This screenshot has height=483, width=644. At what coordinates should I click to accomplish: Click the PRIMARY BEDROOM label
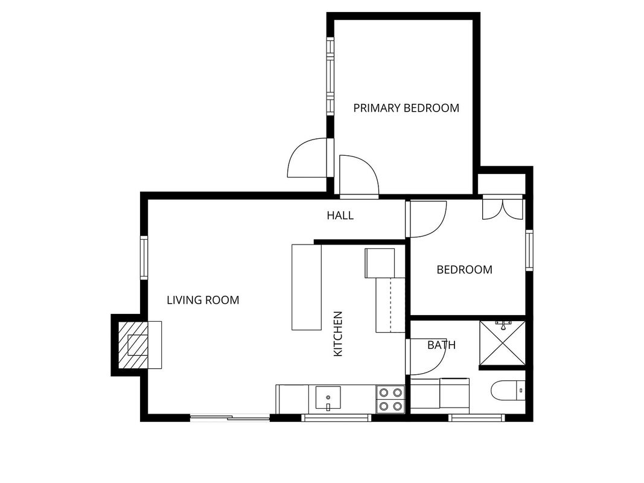(406, 108)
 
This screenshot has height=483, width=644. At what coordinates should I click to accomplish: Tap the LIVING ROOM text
(203, 300)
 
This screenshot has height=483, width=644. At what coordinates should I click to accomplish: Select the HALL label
(340, 215)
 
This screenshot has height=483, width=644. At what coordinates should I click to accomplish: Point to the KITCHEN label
(337, 334)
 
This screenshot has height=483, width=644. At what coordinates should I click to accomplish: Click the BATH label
(442, 345)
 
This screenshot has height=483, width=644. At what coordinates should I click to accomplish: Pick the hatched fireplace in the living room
(133, 345)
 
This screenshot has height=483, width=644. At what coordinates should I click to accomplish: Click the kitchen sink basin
(328, 398)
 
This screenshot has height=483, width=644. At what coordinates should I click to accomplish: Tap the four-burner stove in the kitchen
(390, 399)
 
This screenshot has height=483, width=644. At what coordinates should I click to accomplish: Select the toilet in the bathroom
(508, 390)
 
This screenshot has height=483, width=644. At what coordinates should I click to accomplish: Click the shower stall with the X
(503, 344)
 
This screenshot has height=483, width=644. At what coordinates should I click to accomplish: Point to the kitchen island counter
(307, 287)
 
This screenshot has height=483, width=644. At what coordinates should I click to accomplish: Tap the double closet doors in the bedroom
(502, 208)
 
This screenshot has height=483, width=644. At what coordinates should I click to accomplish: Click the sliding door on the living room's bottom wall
(229, 418)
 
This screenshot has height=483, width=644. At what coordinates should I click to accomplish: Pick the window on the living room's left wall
(144, 258)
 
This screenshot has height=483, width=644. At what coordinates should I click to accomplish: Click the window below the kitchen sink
(336, 418)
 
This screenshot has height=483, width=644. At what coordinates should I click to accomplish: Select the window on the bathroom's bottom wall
(476, 418)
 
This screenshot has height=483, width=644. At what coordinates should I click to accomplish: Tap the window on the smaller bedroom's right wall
(529, 250)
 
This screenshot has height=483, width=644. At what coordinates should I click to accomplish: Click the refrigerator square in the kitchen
(380, 263)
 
